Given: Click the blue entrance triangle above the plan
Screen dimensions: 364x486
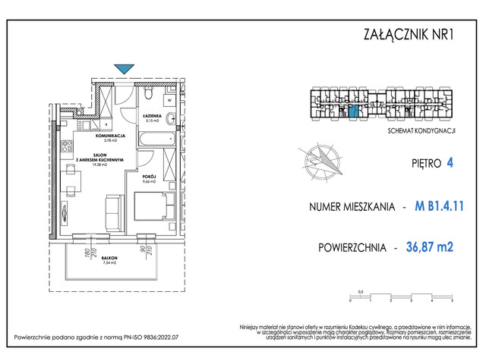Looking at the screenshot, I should (124, 68).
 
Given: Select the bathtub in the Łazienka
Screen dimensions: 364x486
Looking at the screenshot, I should (156, 140).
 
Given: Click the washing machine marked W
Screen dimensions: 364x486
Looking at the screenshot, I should (170, 99).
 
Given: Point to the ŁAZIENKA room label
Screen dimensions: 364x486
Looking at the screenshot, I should (150, 116).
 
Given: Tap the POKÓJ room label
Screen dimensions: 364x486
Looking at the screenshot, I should (148, 176).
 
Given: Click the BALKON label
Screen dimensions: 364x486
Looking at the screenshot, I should (109, 259).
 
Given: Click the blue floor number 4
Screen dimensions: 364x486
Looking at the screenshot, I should (450, 162).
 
